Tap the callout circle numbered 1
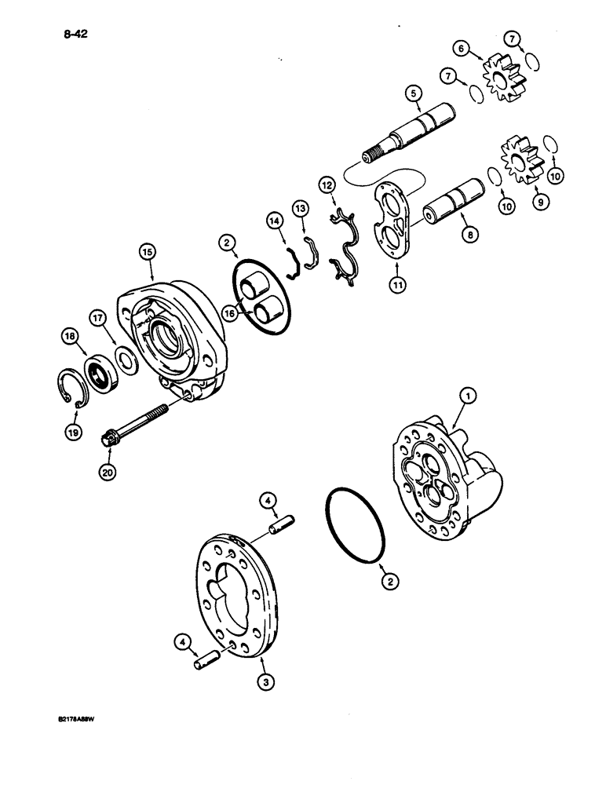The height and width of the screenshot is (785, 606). tap(467, 398)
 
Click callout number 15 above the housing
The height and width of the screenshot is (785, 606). tap(147, 253)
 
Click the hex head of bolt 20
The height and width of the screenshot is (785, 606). tap(111, 438)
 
